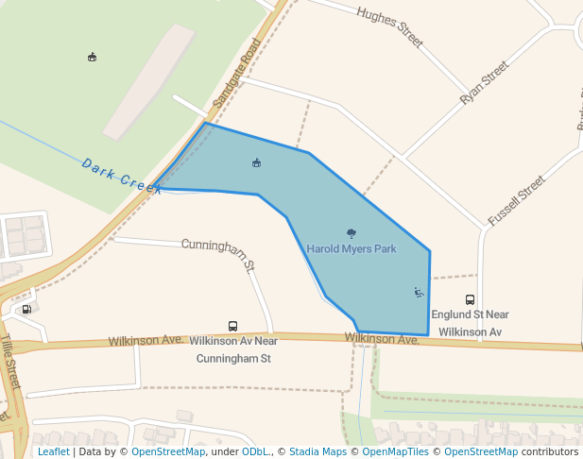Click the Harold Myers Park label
(x=352, y=248)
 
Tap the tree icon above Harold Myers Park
(x=352, y=233)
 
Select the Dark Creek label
(x=123, y=176)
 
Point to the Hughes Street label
(x=389, y=26)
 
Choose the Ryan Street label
(x=484, y=83)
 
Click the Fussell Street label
(x=516, y=199)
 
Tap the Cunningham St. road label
(x=219, y=254)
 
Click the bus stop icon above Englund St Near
(x=470, y=299)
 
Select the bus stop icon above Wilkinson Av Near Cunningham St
(x=233, y=326)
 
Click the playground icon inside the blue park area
(x=256, y=162)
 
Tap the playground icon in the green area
(x=92, y=57)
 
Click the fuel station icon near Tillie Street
(x=26, y=308)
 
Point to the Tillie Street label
(x=10, y=363)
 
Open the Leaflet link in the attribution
(x=53, y=451)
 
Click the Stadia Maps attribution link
(x=317, y=451)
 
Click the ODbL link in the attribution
(x=256, y=451)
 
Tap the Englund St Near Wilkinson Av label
(x=470, y=323)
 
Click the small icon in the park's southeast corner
(x=419, y=292)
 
